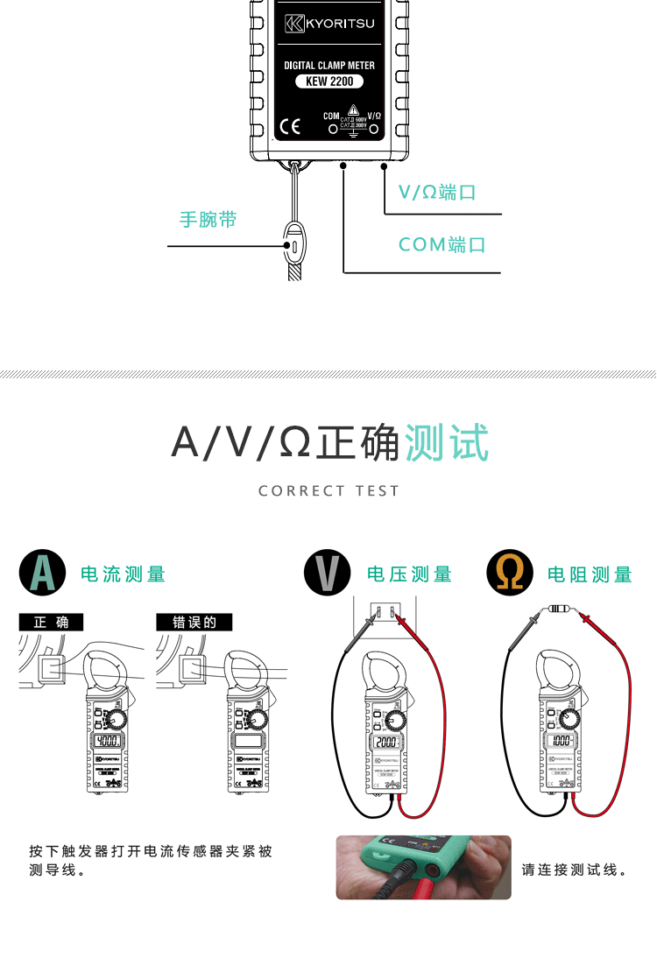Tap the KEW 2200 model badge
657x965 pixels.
[x=329, y=81]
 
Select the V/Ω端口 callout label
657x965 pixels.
[x=437, y=193]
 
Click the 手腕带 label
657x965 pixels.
[x=208, y=219]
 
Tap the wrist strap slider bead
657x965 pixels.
[x=294, y=245]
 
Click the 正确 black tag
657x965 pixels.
[x=51, y=623]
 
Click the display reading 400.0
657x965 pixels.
[x=109, y=741]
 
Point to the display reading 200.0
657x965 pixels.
[x=385, y=743]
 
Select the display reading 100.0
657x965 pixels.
[x=562, y=741]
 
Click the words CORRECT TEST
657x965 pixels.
[x=328, y=491]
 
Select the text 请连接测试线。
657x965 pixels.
[x=574, y=870]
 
